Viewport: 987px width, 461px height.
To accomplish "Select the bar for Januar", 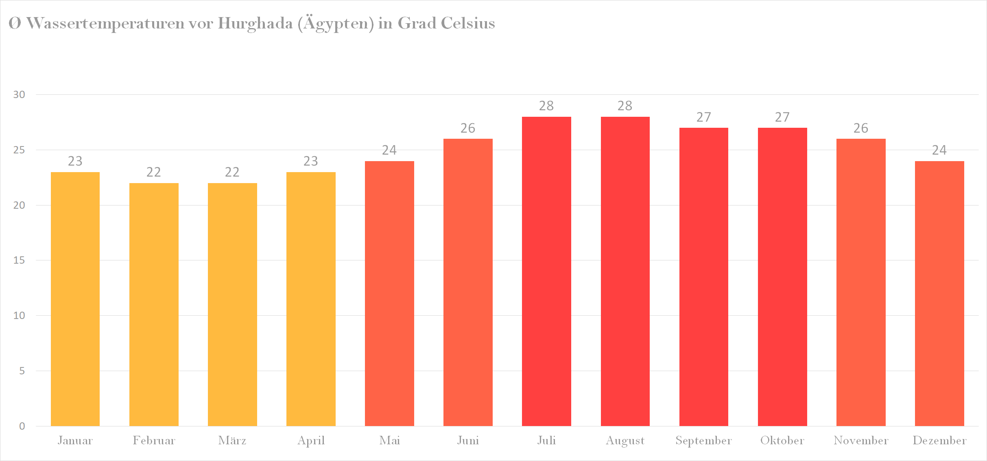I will pos(75,299).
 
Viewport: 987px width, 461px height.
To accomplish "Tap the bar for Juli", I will pos(546,271).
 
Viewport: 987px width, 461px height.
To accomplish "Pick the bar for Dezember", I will pos(939,293).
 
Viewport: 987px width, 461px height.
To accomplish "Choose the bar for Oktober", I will pos(782,277).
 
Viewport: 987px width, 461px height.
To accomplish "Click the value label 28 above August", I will pos(625,106).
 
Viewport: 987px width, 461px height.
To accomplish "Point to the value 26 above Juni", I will pos(468,128).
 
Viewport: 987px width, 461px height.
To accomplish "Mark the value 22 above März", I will pos(232,172).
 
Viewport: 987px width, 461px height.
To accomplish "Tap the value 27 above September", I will pos(704,117).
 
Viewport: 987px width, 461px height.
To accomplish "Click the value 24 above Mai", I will pos(389,150).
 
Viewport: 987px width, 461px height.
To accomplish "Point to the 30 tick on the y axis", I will pos(19,95).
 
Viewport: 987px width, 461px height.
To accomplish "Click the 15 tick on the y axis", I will pos(19,260).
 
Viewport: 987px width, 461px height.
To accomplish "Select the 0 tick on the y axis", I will pos(22,426).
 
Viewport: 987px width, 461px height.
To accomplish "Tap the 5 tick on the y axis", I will pos(22,371).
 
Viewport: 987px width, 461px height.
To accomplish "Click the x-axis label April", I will pos(311,441).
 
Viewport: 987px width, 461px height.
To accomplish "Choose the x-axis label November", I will pos(861,441).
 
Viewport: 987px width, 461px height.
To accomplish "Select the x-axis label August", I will pos(625,441).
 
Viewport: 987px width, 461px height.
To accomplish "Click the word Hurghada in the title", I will pos(255,23).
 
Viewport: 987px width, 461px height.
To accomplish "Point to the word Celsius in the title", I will pos(468,23).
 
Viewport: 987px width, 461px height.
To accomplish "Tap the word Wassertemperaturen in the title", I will pos(105,23).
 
